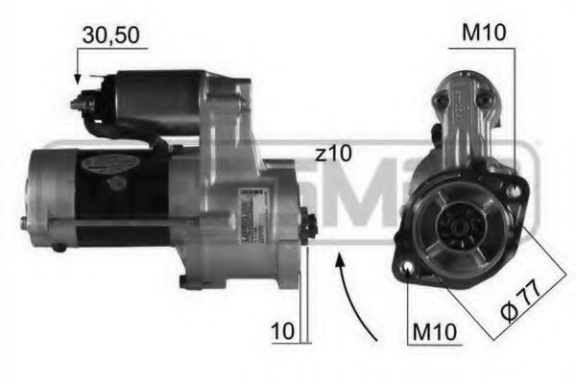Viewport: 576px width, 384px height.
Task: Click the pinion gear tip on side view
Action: click(x=308, y=228)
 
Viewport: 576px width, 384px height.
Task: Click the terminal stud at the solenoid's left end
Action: click(x=84, y=99)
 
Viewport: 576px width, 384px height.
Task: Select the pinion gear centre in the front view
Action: click(x=454, y=227)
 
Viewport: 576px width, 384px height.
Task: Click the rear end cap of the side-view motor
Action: click(x=50, y=197)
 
